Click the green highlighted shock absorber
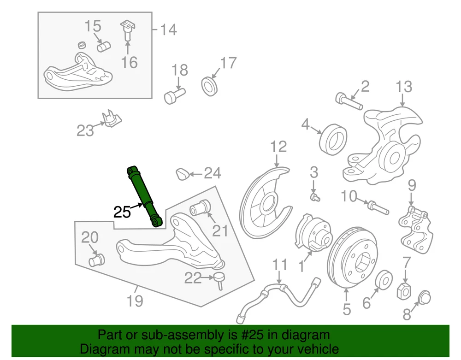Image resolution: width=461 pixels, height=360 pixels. pos(145,196)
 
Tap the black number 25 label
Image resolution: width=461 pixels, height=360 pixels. pos(122,212)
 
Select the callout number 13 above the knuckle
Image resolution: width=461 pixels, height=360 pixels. pos(403,86)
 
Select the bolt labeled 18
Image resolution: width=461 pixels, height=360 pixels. pos(174,95)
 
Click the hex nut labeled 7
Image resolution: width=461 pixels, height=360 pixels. pos(404,291)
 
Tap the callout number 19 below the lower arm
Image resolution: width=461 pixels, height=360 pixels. pos(135,301)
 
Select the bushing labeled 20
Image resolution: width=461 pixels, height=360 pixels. pos(96,261)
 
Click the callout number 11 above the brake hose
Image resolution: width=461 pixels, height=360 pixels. pos(279,265)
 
